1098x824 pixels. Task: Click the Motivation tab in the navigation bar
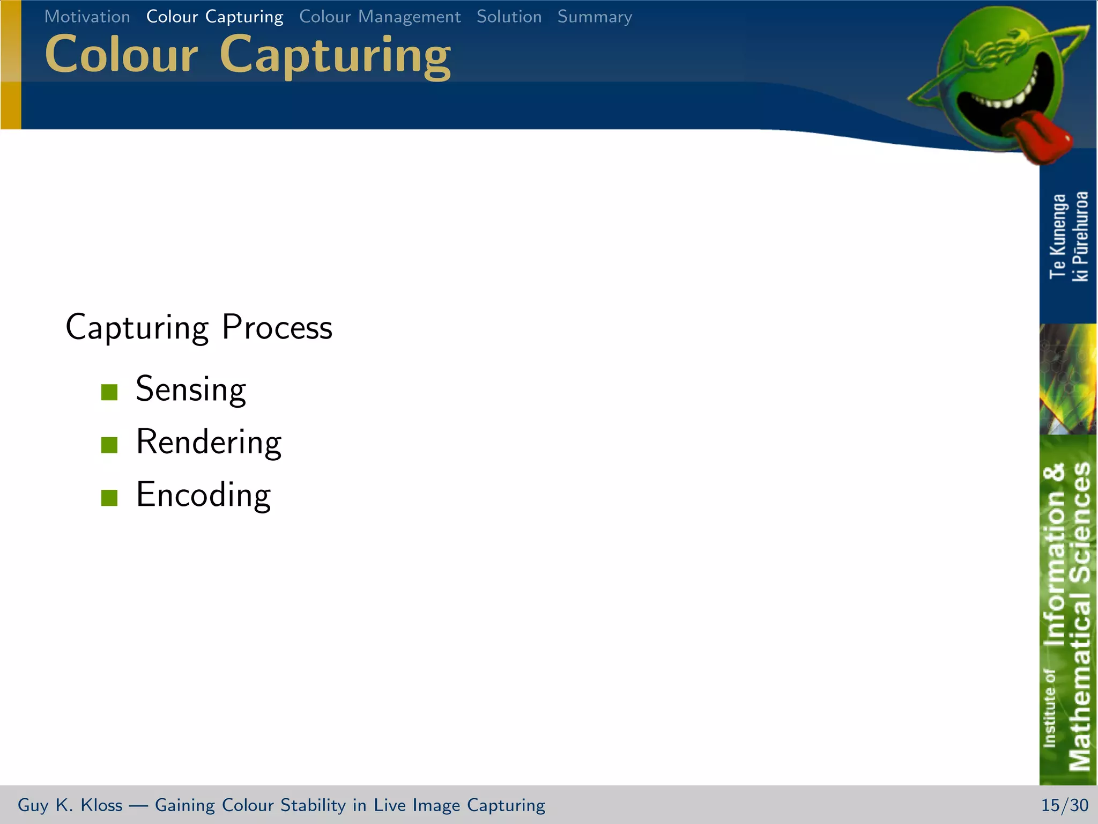[87, 17]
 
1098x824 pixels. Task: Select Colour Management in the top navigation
[380, 17]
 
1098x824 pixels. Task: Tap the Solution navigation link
[509, 17]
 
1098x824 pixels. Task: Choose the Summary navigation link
[595, 17]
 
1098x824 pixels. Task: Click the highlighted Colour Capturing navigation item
[214, 17]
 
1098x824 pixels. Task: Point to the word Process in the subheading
[277, 327]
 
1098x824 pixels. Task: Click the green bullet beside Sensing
[109, 392]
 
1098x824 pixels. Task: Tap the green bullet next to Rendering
[109, 445]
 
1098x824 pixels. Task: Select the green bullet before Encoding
[109, 497]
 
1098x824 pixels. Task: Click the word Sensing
[191, 389]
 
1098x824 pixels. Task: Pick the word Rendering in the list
[209, 442]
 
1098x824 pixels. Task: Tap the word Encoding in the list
[203, 495]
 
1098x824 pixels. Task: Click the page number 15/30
[1064, 805]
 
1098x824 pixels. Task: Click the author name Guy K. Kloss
[70, 805]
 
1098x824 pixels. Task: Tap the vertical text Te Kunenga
[1058, 236]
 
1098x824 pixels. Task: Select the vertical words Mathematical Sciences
[1079, 617]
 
